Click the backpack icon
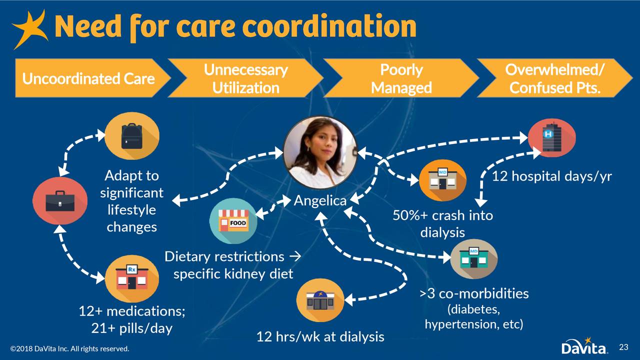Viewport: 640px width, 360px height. [131, 136]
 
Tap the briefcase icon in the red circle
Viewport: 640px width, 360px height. [60, 200]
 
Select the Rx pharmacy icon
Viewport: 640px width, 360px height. [131, 278]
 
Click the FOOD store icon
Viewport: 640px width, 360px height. [233, 221]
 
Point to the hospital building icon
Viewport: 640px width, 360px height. [551, 137]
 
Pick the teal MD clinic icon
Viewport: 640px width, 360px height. [473, 259]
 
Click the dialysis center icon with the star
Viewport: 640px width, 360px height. [320, 300]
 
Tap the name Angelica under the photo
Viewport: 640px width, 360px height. [320, 200]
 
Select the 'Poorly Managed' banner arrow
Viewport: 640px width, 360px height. [401, 78]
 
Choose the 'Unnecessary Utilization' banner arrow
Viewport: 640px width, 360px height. [245, 78]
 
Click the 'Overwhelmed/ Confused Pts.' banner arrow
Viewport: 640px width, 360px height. [555, 78]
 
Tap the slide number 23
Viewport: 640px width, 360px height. [623, 347]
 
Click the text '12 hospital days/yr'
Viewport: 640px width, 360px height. [551, 176]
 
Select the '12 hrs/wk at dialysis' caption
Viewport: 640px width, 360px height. [320, 337]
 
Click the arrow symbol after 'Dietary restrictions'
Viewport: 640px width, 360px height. [295, 256]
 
